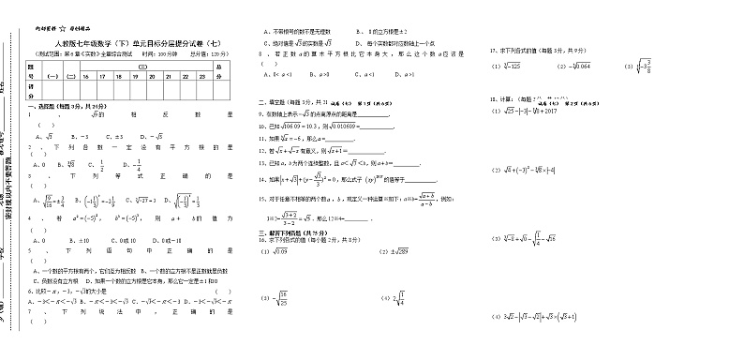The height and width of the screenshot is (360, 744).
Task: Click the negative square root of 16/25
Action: pyautogui.click(x=279, y=297)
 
